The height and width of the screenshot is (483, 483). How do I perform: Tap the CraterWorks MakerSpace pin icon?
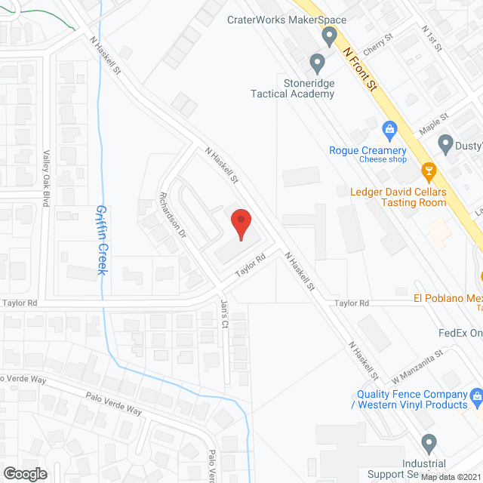328,36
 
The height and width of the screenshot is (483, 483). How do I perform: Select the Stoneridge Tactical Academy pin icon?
317,61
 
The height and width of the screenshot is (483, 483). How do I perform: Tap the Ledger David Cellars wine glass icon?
429,172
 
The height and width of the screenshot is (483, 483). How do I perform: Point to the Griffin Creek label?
101,240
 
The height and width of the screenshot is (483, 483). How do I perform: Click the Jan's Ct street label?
224,314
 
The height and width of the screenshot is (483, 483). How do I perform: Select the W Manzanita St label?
417,363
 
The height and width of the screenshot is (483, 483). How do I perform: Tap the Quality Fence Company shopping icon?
476,396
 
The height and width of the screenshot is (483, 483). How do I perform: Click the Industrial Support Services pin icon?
429,443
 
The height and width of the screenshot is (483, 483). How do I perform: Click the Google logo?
25,473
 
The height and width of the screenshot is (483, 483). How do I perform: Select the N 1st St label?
432,37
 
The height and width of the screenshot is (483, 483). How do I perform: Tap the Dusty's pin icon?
445,143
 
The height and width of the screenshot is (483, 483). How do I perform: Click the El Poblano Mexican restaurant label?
448,298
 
